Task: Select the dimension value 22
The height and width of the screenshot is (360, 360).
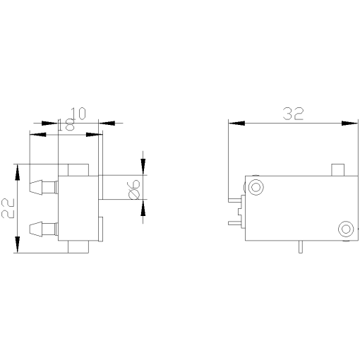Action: pyautogui.click(x=8, y=209)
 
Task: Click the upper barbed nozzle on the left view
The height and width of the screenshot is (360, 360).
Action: pyautogui.click(x=42, y=188)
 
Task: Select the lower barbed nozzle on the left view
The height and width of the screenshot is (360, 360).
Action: pyautogui.click(x=42, y=228)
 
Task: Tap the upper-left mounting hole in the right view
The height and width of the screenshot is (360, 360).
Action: pyautogui.click(x=255, y=186)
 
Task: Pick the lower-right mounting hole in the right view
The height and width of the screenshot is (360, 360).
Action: pyautogui.click(x=346, y=229)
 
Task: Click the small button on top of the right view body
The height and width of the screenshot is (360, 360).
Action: pyautogui.click(x=338, y=169)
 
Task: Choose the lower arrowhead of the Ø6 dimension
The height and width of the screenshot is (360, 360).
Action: pyautogui.click(x=143, y=209)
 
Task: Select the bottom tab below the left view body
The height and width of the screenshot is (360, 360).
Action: pyautogui.click(x=78, y=248)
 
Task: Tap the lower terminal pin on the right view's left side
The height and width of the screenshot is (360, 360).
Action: pyautogui.click(x=234, y=223)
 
